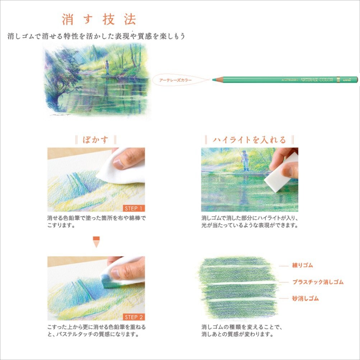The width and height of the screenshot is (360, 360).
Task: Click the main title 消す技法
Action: pos(99,19)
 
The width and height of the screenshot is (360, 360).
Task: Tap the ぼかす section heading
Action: pos(96,140)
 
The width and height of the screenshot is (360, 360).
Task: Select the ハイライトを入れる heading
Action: pos(249,140)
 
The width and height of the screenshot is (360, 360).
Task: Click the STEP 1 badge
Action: pos(134,208)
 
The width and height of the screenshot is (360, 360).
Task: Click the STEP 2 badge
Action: pos(134,317)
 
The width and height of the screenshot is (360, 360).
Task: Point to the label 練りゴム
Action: pos(303,266)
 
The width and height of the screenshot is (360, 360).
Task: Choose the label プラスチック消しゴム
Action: pos(318,282)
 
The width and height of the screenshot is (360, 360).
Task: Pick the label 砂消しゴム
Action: pos(305,298)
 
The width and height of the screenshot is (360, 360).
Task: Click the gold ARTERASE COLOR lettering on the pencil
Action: pos(317,79)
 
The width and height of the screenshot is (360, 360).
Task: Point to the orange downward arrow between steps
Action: pos(96,242)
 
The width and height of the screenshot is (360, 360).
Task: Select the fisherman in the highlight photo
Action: pos(245,160)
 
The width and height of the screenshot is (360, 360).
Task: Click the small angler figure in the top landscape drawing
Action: pos(107,67)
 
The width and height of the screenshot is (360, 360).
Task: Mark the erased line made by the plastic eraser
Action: pos(239,283)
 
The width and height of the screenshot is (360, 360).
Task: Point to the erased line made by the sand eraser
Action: pos(239,300)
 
